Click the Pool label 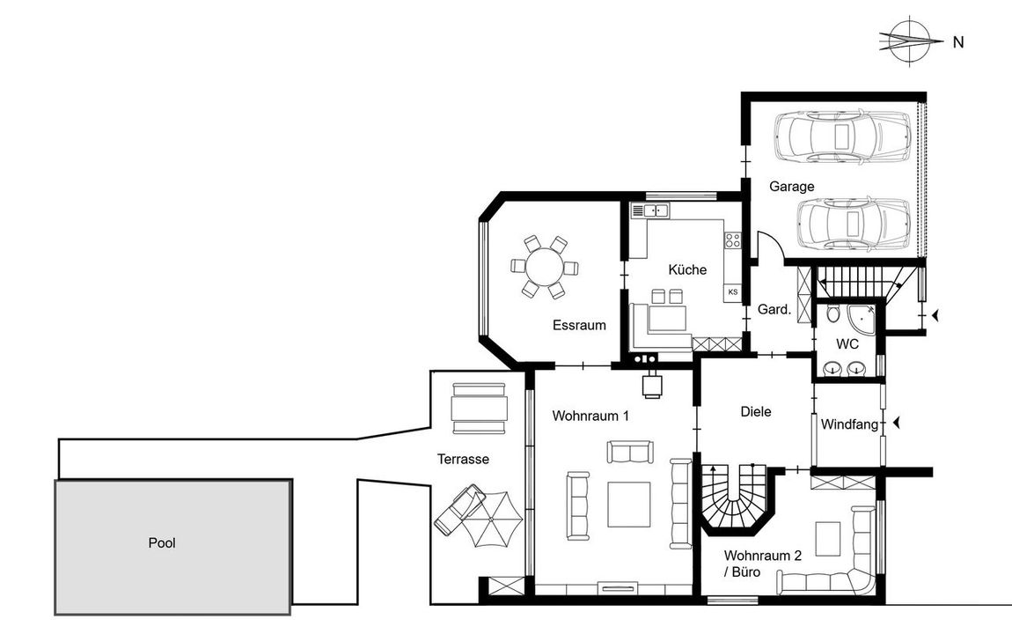162,543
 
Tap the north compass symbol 911,41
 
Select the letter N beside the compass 958,42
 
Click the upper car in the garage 843,136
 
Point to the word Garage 792,187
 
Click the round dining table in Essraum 545,267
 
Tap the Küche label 687,269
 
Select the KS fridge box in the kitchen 732,292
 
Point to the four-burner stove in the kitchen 732,240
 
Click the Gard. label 774,309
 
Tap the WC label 847,344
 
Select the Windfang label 849,424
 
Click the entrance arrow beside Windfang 897,424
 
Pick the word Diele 756,411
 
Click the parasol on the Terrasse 489,519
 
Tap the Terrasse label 464,459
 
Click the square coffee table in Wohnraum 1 628,505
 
